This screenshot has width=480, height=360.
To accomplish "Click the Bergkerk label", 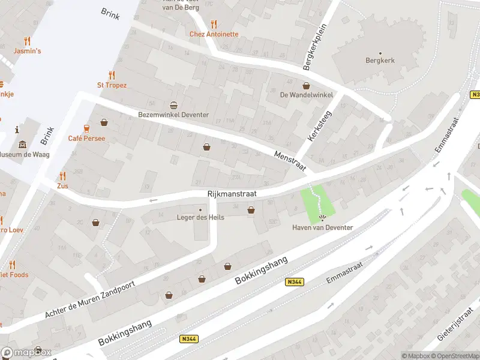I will (x=379, y=60).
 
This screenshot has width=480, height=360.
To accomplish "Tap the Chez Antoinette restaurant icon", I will (x=214, y=24).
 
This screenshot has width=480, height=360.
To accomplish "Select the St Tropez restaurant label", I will (x=112, y=85).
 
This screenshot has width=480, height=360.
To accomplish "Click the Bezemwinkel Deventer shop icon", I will (x=174, y=105).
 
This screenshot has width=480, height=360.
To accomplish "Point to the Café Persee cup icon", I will (x=86, y=128).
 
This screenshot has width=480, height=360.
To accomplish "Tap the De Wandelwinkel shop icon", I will (x=306, y=85).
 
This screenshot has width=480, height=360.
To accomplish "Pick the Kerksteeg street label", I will (x=319, y=127).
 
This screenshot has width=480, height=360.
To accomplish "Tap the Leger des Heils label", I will (x=200, y=217).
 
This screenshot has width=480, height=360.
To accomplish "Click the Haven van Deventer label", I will (x=322, y=227).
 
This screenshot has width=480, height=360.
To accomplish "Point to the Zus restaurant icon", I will (x=62, y=176).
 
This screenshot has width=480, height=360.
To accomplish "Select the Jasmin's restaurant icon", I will (x=27, y=41).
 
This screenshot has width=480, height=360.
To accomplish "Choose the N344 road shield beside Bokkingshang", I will (x=295, y=281).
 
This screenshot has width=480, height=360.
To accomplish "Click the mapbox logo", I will (x=26, y=352).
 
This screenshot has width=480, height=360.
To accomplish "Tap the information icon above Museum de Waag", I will (x=17, y=130).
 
